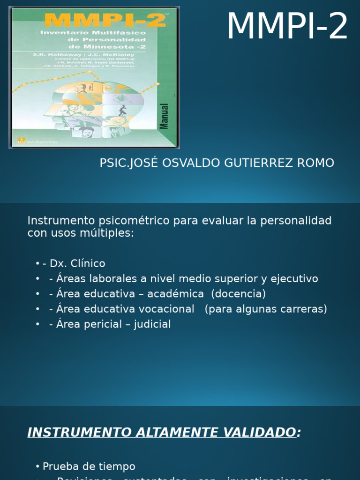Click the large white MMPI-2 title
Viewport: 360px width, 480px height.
(x=287, y=27)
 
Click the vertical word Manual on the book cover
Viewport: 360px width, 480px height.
(x=165, y=116)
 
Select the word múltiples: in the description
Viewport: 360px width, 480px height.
(x=106, y=232)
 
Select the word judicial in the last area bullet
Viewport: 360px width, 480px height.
(x=152, y=324)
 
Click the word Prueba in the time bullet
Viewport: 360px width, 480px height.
(x=59, y=466)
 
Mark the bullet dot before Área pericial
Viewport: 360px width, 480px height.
(x=37, y=324)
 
